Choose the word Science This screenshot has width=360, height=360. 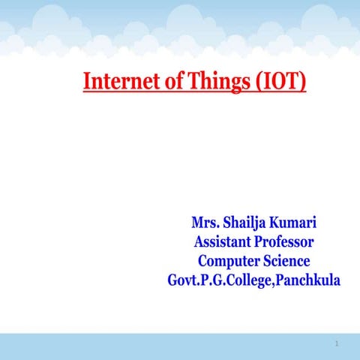(286, 261)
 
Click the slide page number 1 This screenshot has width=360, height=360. (337, 344)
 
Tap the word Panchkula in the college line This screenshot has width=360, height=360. (308, 281)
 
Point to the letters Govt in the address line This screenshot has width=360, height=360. (183, 281)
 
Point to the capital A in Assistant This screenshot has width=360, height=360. (199, 241)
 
